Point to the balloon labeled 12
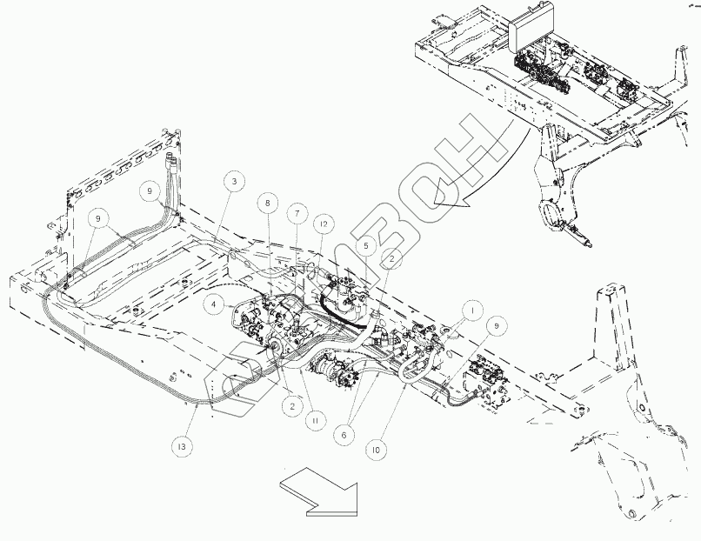coord(323,224)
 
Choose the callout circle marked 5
coord(366,246)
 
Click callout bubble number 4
coord(212,305)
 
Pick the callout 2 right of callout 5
coord(394,258)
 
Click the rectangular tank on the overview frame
coord(532,35)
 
